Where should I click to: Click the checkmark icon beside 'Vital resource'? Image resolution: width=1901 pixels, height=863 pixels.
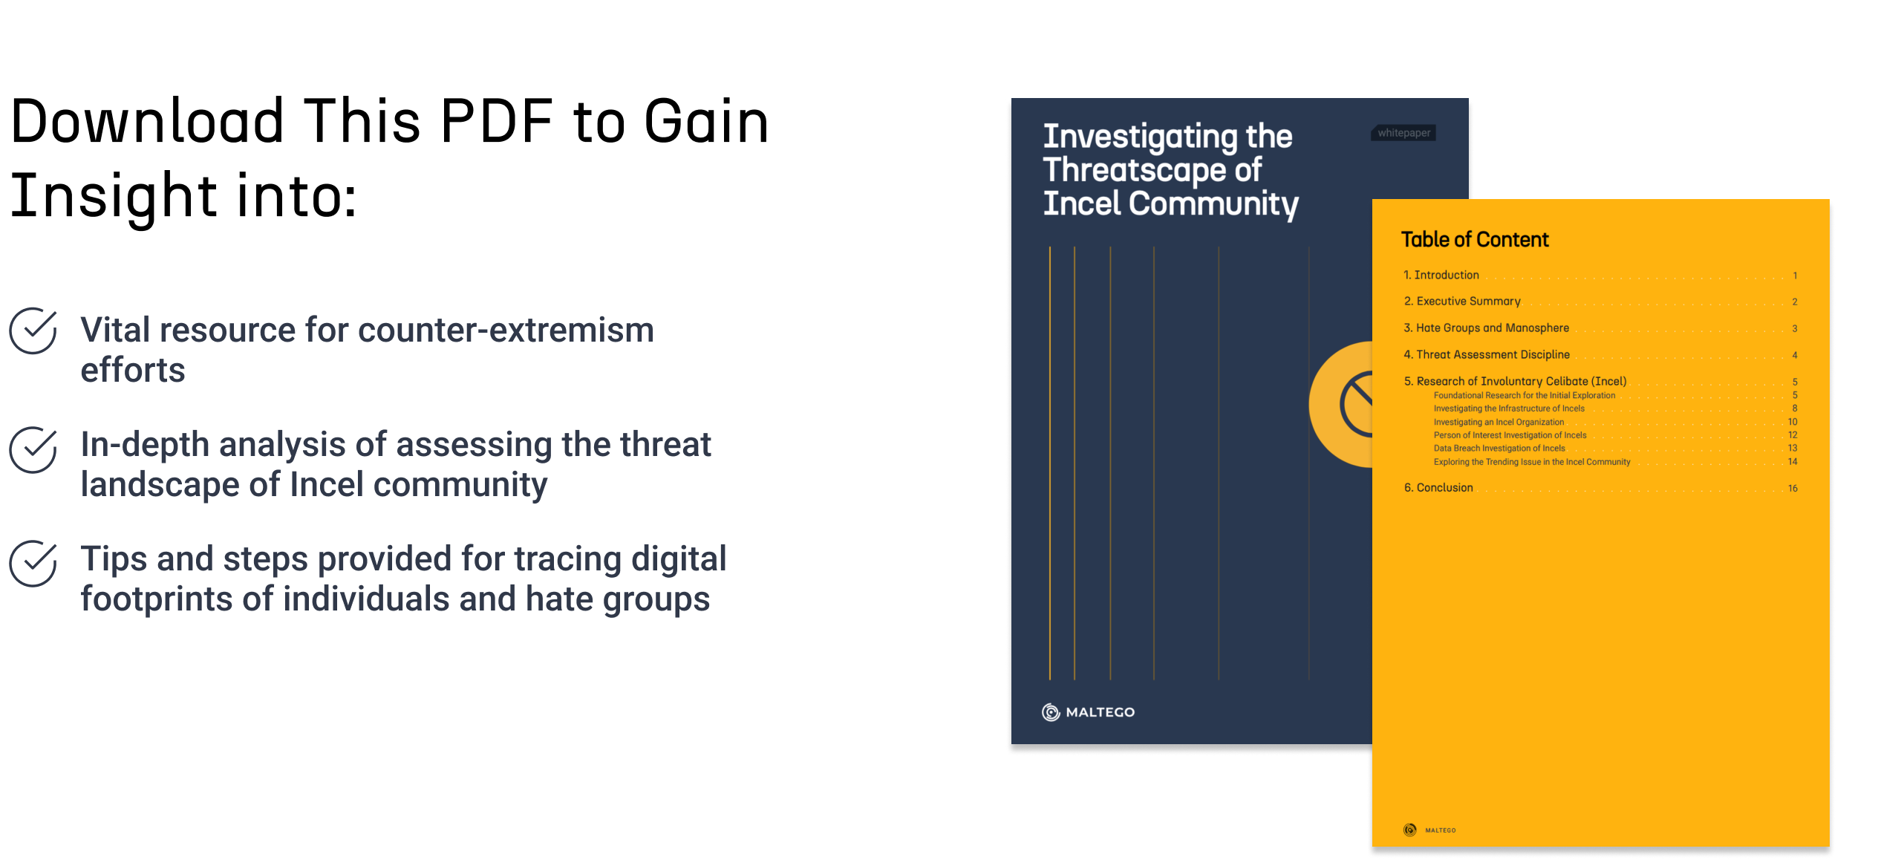pyautogui.click(x=33, y=330)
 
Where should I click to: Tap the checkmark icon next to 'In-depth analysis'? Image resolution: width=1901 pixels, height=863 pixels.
pyautogui.click(x=33, y=449)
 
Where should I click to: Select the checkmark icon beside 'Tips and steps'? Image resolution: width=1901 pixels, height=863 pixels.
pyautogui.click(x=33, y=564)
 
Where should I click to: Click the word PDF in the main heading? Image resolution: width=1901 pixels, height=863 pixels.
pyautogui.click(x=496, y=121)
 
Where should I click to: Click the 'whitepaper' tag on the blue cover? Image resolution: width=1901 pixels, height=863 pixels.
pyautogui.click(x=1403, y=133)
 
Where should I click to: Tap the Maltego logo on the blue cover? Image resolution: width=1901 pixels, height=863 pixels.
pyautogui.click(x=1089, y=712)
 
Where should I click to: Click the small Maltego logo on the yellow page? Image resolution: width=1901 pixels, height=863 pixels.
pyautogui.click(x=1429, y=830)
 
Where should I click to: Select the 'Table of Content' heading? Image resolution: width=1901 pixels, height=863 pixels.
pyautogui.click(x=1475, y=239)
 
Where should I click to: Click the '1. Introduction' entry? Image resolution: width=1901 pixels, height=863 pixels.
pyautogui.click(x=1441, y=275)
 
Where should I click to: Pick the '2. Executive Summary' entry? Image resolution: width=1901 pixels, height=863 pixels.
pyautogui.click(x=1462, y=301)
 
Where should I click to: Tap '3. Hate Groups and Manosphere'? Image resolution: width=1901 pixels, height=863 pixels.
pyautogui.click(x=1486, y=328)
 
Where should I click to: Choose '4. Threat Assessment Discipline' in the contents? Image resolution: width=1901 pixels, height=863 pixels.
pyautogui.click(x=1487, y=354)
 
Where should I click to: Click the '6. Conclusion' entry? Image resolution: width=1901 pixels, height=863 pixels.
pyautogui.click(x=1438, y=487)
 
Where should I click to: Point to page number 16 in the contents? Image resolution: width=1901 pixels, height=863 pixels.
pyautogui.click(x=1793, y=488)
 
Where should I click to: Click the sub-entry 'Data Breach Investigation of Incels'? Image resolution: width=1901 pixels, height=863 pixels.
pyautogui.click(x=1499, y=448)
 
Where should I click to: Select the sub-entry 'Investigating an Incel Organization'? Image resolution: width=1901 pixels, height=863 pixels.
pyautogui.click(x=1499, y=422)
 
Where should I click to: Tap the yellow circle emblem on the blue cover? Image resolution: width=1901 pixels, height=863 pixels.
pyautogui.click(x=1341, y=405)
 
